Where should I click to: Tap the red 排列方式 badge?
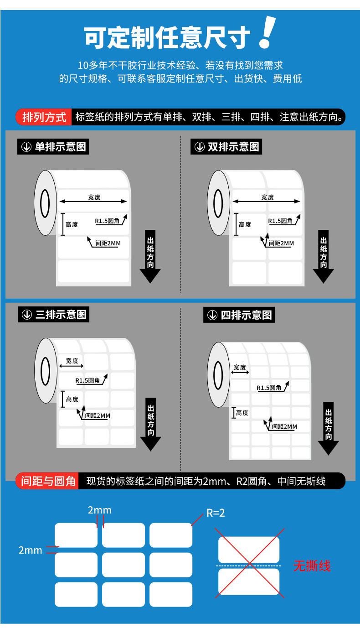(45, 117)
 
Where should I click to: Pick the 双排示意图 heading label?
(226, 147)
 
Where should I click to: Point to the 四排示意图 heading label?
(239, 315)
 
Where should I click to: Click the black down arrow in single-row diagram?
(150, 258)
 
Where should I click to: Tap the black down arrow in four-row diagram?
(328, 429)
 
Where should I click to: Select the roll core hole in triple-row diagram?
(46, 371)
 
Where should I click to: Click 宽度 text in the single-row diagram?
(94, 197)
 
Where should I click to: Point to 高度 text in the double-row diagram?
(245, 224)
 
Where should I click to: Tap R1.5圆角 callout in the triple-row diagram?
(87, 380)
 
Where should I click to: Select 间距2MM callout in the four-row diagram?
(284, 426)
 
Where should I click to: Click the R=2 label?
(216, 513)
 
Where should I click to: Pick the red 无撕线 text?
(312, 566)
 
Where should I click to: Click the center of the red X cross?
(250, 564)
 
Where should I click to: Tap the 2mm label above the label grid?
(99, 510)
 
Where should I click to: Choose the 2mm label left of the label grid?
(30, 550)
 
